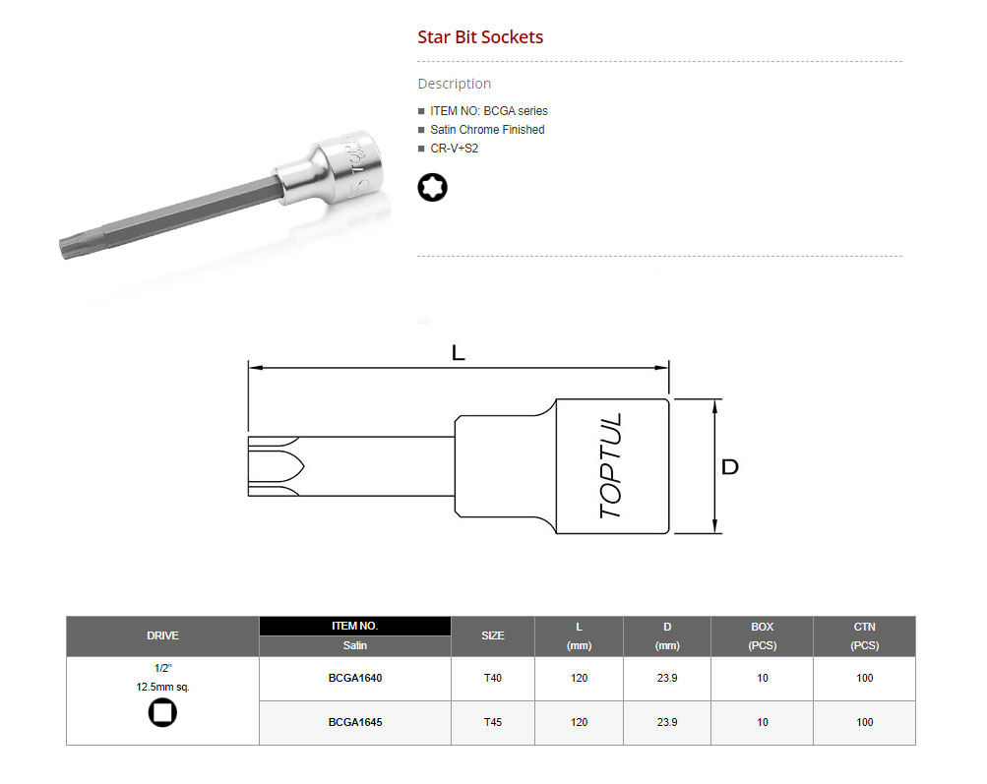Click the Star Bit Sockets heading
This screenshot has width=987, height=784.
pyautogui.click(x=480, y=37)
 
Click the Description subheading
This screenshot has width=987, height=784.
pyautogui.click(x=455, y=84)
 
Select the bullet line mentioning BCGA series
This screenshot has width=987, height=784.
pyautogui.click(x=488, y=111)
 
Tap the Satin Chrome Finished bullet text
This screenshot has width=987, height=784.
pyautogui.click(x=487, y=130)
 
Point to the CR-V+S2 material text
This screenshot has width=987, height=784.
pyautogui.click(x=454, y=149)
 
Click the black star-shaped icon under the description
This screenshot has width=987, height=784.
pyautogui.click(x=432, y=188)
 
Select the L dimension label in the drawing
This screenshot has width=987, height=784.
pyautogui.click(x=459, y=353)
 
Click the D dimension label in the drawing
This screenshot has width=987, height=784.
pyautogui.click(x=729, y=467)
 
